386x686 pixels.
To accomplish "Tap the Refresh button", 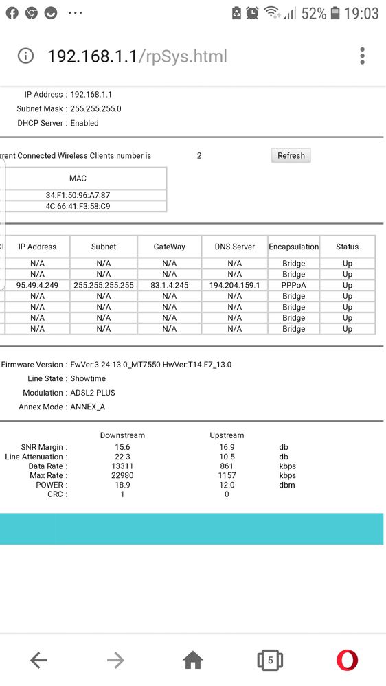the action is (x=291, y=156).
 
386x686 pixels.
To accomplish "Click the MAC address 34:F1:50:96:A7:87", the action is (x=78, y=195).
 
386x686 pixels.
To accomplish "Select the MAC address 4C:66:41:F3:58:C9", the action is (x=78, y=206).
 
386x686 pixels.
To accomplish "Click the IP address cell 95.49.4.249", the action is (x=37, y=285).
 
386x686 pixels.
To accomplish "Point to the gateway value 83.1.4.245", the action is (x=169, y=285).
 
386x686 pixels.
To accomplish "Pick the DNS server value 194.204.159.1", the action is (x=234, y=285).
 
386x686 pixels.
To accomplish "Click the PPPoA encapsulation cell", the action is (x=293, y=285).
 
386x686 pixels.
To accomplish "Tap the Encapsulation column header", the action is (x=293, y=247).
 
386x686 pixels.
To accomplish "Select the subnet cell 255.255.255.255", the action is (x=104, y=285).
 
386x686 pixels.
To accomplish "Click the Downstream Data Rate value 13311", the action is (x=122, y=466).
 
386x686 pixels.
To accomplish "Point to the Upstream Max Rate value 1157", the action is (x=227, y=475).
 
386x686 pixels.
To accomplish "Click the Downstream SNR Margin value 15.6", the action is (x=122, y=447).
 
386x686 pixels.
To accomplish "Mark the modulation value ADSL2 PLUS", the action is (x=93, y=393).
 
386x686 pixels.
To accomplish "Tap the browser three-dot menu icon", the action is (x=362, y=56).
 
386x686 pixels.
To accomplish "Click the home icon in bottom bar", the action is (x=193, y=661).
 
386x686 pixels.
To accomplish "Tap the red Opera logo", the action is (x=347, y=661).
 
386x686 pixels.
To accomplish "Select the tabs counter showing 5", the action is (x=270, y=661).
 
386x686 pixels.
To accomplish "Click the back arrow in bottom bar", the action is (x=38, y=661).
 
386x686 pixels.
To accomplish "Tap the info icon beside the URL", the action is (x=25, y=56).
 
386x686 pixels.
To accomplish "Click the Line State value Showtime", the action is (x=88, y=378).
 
